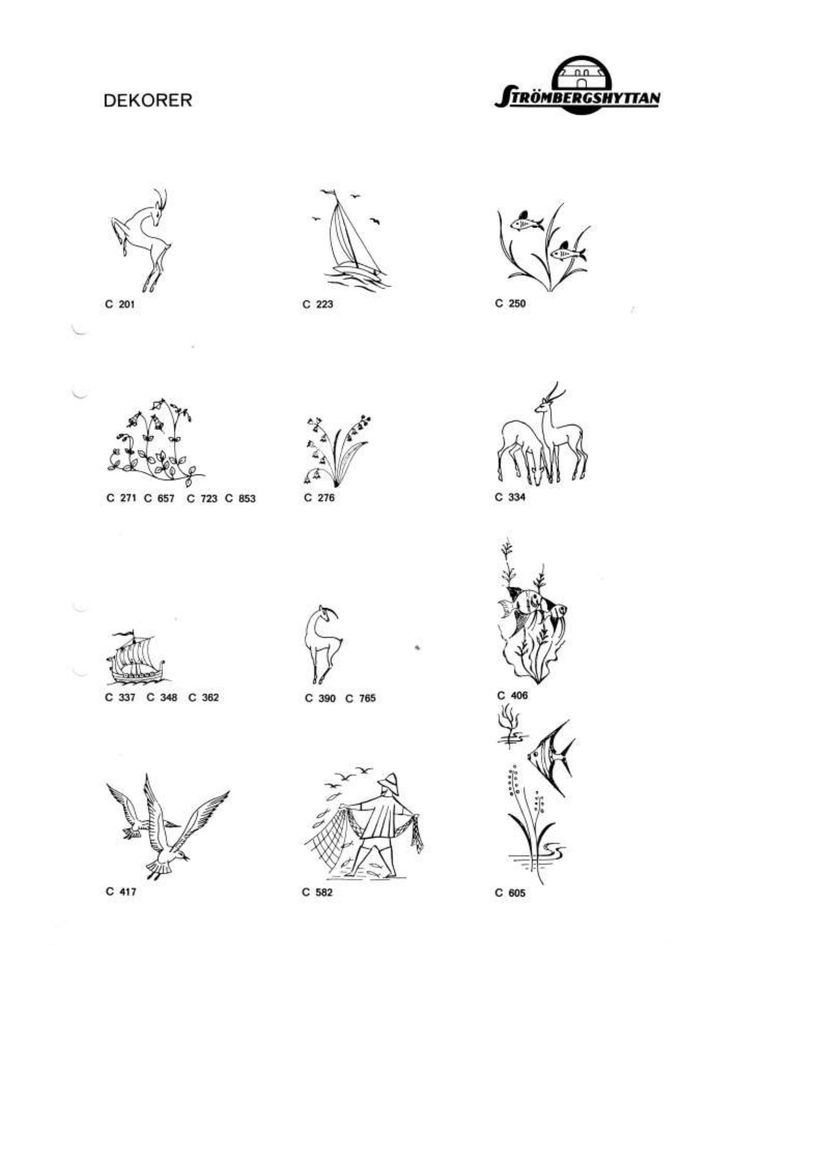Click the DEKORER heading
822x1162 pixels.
tap(148, 101)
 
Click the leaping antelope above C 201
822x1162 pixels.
tap(140, 240)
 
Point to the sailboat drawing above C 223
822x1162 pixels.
tap(349, 243)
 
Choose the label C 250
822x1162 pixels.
tap(510, 303)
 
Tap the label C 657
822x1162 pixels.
tap(160, 498)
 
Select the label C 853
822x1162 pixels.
tap(241, 498)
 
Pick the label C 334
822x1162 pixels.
tap(510, 497)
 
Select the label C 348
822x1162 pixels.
tap(162, 697)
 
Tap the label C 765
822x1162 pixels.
tap(360, 698)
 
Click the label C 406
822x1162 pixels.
tap(512, 696)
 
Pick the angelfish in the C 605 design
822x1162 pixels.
tap(552, 759)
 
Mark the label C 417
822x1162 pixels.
tap(121, 892)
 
